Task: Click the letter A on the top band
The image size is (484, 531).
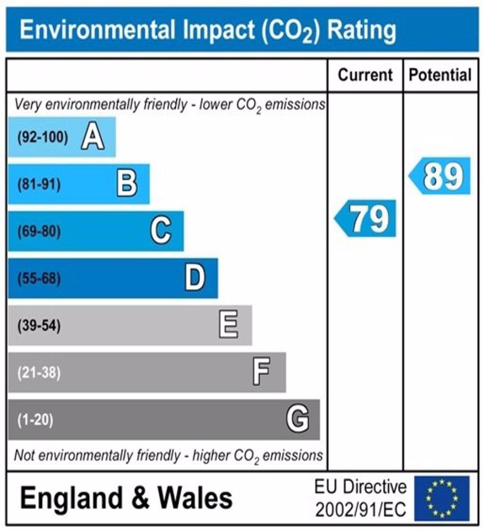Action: tap(92, 137)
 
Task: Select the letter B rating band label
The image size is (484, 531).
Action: tap(127, 184)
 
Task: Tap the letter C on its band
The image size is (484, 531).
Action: tap(161, 231)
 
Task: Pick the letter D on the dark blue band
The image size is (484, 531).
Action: tap(195, 278)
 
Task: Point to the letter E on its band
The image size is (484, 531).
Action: tap(229, 326)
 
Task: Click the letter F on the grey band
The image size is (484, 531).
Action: tap(261, 372)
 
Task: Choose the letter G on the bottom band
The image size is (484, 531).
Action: tap(298, 419)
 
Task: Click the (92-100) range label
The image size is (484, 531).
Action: tap(43, 138)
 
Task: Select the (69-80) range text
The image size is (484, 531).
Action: tap(39, 232)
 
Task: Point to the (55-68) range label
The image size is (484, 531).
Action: tap(39, 279)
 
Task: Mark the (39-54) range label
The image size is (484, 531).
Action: tap(39, 326)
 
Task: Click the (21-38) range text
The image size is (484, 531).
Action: tap(39, 373)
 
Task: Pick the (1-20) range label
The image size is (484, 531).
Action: tap(36, 420)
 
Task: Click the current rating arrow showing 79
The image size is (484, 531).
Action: tap(365, 218)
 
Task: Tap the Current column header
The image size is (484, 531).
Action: tap(365, 75)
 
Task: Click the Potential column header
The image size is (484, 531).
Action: tap(440, 75)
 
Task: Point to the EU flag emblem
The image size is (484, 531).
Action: tap(441, 498)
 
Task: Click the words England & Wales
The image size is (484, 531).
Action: tap(126, 498)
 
